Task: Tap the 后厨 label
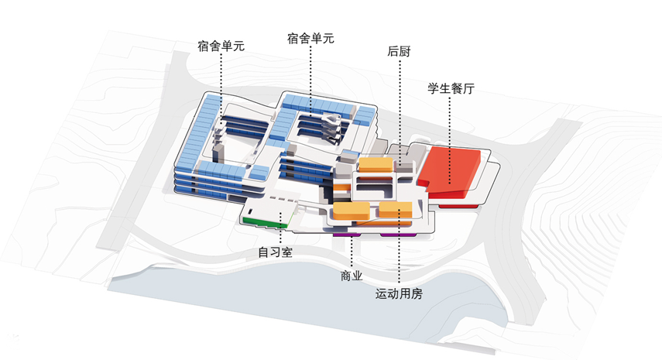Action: (x=399, y=53)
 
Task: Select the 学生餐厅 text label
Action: (x=451, y=88)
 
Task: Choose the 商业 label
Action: (x=352, y=276)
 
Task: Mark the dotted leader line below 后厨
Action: (x=400, y=101)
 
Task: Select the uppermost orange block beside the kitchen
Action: (x=376, y=164)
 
